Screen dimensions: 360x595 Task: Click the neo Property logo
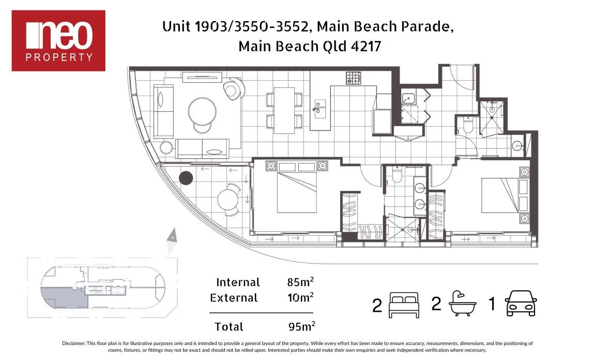click(x=58, y=40)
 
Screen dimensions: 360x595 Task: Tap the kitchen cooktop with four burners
click(x=353, y=78)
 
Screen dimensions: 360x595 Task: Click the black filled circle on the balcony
click(x=186, y=178)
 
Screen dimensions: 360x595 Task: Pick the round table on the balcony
click(x=227, y=200)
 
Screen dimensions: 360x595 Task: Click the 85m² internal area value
click(x=300, y=282)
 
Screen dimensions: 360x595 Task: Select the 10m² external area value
click(x=300, y=297)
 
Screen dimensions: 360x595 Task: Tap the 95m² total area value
click(x=301, y=326)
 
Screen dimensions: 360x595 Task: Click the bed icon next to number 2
click(x=403, y=304)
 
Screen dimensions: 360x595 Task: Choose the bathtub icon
click(x=462, y=304)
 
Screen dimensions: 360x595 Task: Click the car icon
click(x=521, y=304)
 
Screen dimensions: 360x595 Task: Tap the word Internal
click(x=238, y=282)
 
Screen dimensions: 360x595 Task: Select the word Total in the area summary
click(x=228, y=327)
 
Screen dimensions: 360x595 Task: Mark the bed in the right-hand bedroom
click(x=499, y=195)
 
